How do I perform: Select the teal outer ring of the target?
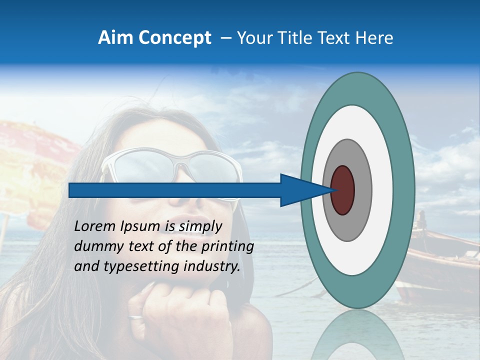click(404, 190)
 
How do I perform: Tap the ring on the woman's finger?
click(135, 317)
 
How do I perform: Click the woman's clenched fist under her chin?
click(175, 310)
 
